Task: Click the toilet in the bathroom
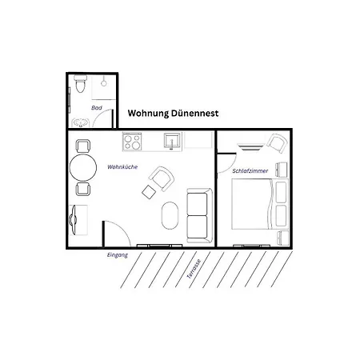tap(80, 85)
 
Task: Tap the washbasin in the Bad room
tap(81, 122)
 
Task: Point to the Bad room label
tap(98, 107)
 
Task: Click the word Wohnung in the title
tap(154, 114)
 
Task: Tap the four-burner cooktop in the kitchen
tap(132, 142)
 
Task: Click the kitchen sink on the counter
tap(172, 142)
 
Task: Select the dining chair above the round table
tap(82, 146)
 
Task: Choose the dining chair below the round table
tap(82, 190)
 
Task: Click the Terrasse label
tap(194, 267)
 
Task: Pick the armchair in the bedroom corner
tap(277, 144)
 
